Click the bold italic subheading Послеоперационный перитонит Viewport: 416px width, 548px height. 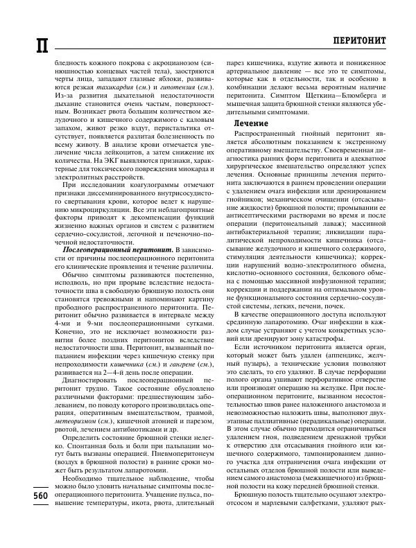[118, 248]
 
